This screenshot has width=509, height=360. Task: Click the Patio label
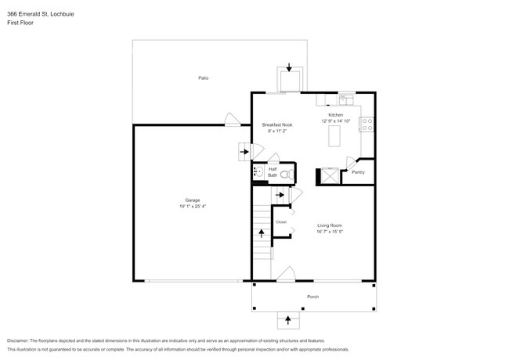click(203, 77)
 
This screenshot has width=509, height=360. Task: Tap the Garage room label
click(192, 200)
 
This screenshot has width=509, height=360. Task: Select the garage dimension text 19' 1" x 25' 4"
click(192, 207)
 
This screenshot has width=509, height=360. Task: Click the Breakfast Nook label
click(276, 125)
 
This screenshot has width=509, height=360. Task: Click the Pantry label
click(358, 172)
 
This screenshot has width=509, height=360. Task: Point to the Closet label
click(280, 222)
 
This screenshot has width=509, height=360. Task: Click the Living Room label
click(330, 225)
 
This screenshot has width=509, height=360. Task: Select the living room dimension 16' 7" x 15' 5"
click(330, 232)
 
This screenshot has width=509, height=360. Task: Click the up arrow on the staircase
click(262, 232)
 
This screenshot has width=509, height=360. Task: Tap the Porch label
click(312, 297)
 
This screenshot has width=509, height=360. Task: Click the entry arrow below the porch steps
click(288, 319)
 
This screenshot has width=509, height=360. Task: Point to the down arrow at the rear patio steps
click(290, 69)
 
